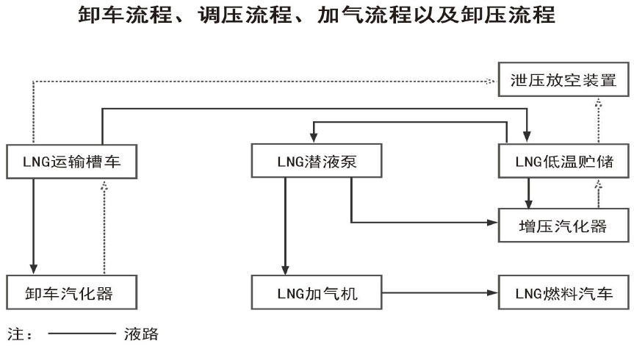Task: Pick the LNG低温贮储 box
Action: point(561,161)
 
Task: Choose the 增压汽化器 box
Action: point(562,225)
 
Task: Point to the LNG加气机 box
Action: point(317,294)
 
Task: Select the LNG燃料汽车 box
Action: point(562,294)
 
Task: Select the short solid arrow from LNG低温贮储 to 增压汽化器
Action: point(527,193)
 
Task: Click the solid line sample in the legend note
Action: point(81,336)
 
